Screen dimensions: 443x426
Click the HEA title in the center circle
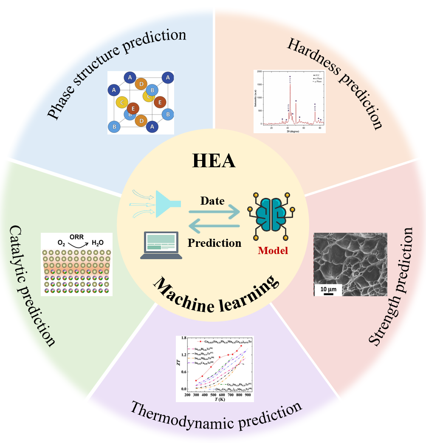coord(213,160)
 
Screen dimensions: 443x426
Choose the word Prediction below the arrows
coord(214,243)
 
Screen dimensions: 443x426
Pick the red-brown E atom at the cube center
coord(133,109)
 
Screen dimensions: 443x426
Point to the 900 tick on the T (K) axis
coord(247,395)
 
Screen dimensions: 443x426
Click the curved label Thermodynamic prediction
coord(217,415)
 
